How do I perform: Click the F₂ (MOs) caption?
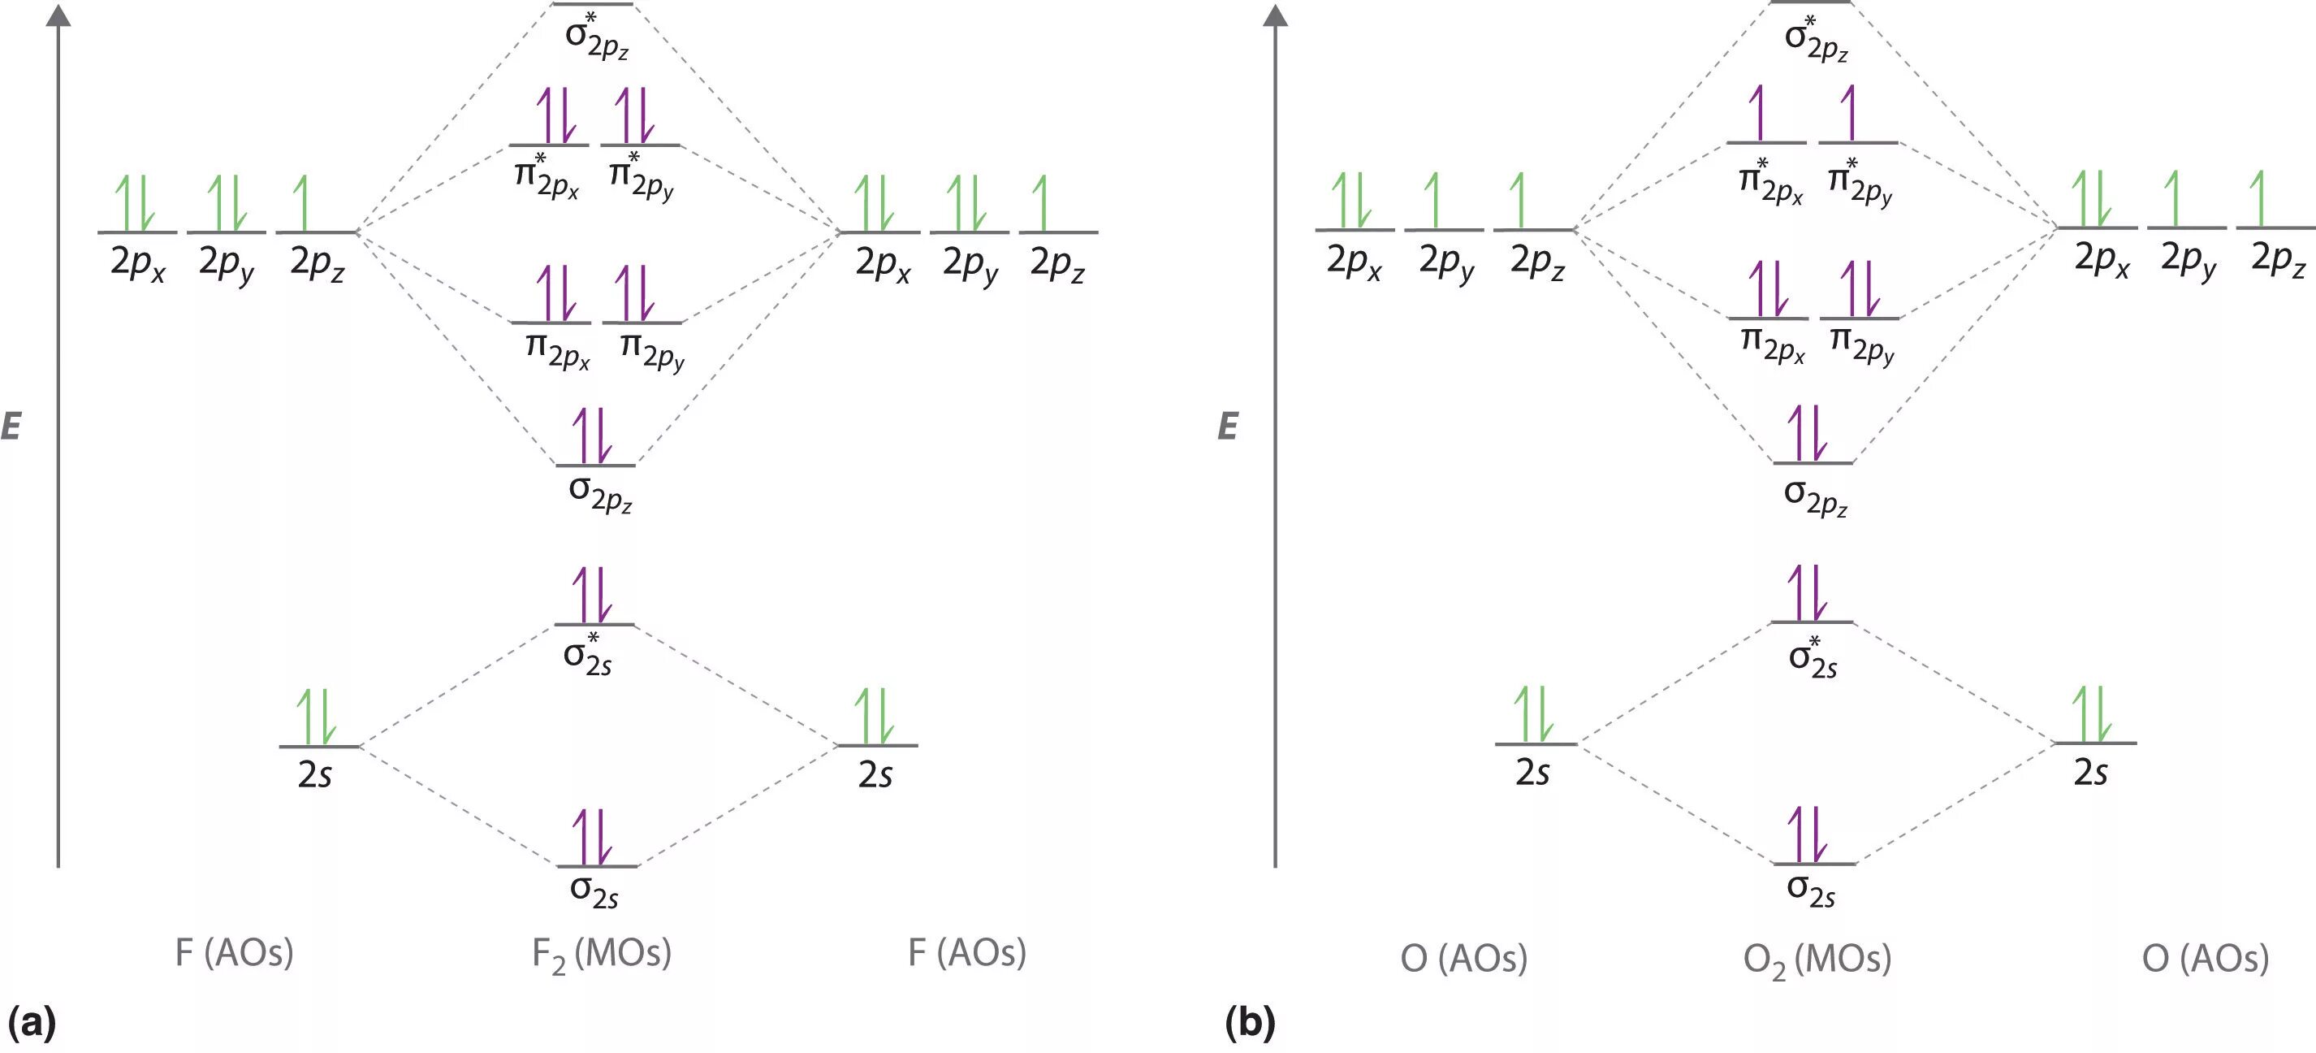602,954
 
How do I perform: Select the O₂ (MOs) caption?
1817,960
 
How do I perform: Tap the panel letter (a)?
32,1022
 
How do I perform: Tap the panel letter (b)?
1250,1022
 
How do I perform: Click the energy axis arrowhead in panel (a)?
58,15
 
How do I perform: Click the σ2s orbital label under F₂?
594,890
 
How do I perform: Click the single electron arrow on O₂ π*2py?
1848,112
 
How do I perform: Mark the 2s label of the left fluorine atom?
315,773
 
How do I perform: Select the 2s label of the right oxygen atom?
2090,772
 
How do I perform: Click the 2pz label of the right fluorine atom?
1057,262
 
